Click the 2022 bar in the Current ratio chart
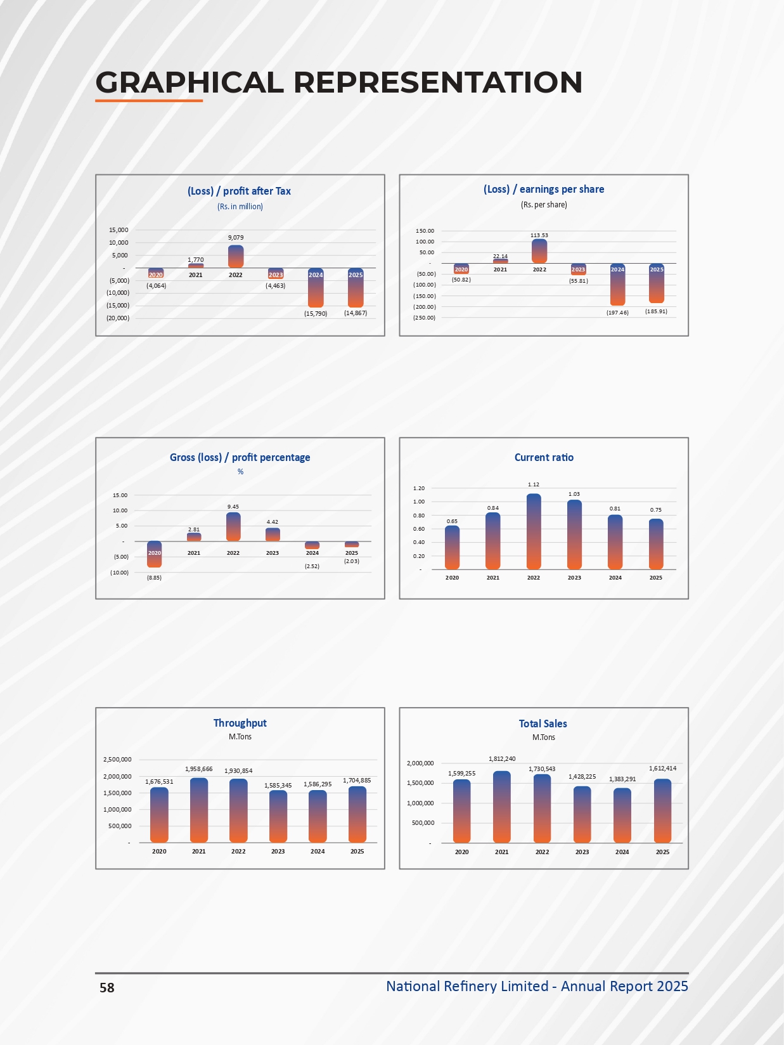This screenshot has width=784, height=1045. coord(534,531)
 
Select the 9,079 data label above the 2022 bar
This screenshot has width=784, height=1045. coord(236,238)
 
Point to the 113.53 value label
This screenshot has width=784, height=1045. coord(539,235)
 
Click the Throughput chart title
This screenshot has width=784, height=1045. coord(240,723)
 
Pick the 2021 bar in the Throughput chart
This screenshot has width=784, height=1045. coord(198,810)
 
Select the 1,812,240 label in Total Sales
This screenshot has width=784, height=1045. coord(502,759)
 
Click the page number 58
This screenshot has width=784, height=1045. coord(107,988)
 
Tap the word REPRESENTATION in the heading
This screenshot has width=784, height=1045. coord(437,82)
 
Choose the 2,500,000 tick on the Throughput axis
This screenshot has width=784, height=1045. coord(117,760)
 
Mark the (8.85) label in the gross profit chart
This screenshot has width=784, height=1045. coord(154,578)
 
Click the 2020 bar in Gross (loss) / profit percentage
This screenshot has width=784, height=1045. coord(154,554)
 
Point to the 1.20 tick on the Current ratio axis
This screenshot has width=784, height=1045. coord(418,488)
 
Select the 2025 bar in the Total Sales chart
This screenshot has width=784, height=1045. coord(662,811)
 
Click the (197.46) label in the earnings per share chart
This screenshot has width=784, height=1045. coord(617,313)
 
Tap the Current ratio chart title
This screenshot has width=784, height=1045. coord(544,457)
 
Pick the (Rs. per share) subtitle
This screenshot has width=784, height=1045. coord(544,205)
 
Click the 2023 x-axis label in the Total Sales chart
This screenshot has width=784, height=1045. coord(582,852)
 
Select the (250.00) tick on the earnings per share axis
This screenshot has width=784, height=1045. coord(424,318)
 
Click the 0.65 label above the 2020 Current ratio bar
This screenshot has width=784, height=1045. coord(452,521)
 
